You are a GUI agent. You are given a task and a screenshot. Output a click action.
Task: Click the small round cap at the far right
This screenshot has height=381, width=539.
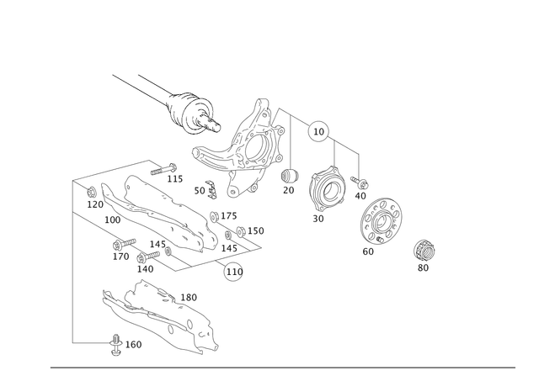424,250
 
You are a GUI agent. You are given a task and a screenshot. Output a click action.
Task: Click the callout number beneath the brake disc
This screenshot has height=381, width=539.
367,251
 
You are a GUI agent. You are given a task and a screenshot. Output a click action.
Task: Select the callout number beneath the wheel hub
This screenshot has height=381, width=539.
318,220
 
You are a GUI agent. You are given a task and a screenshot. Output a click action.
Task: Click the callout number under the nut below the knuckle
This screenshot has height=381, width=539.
290,190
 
